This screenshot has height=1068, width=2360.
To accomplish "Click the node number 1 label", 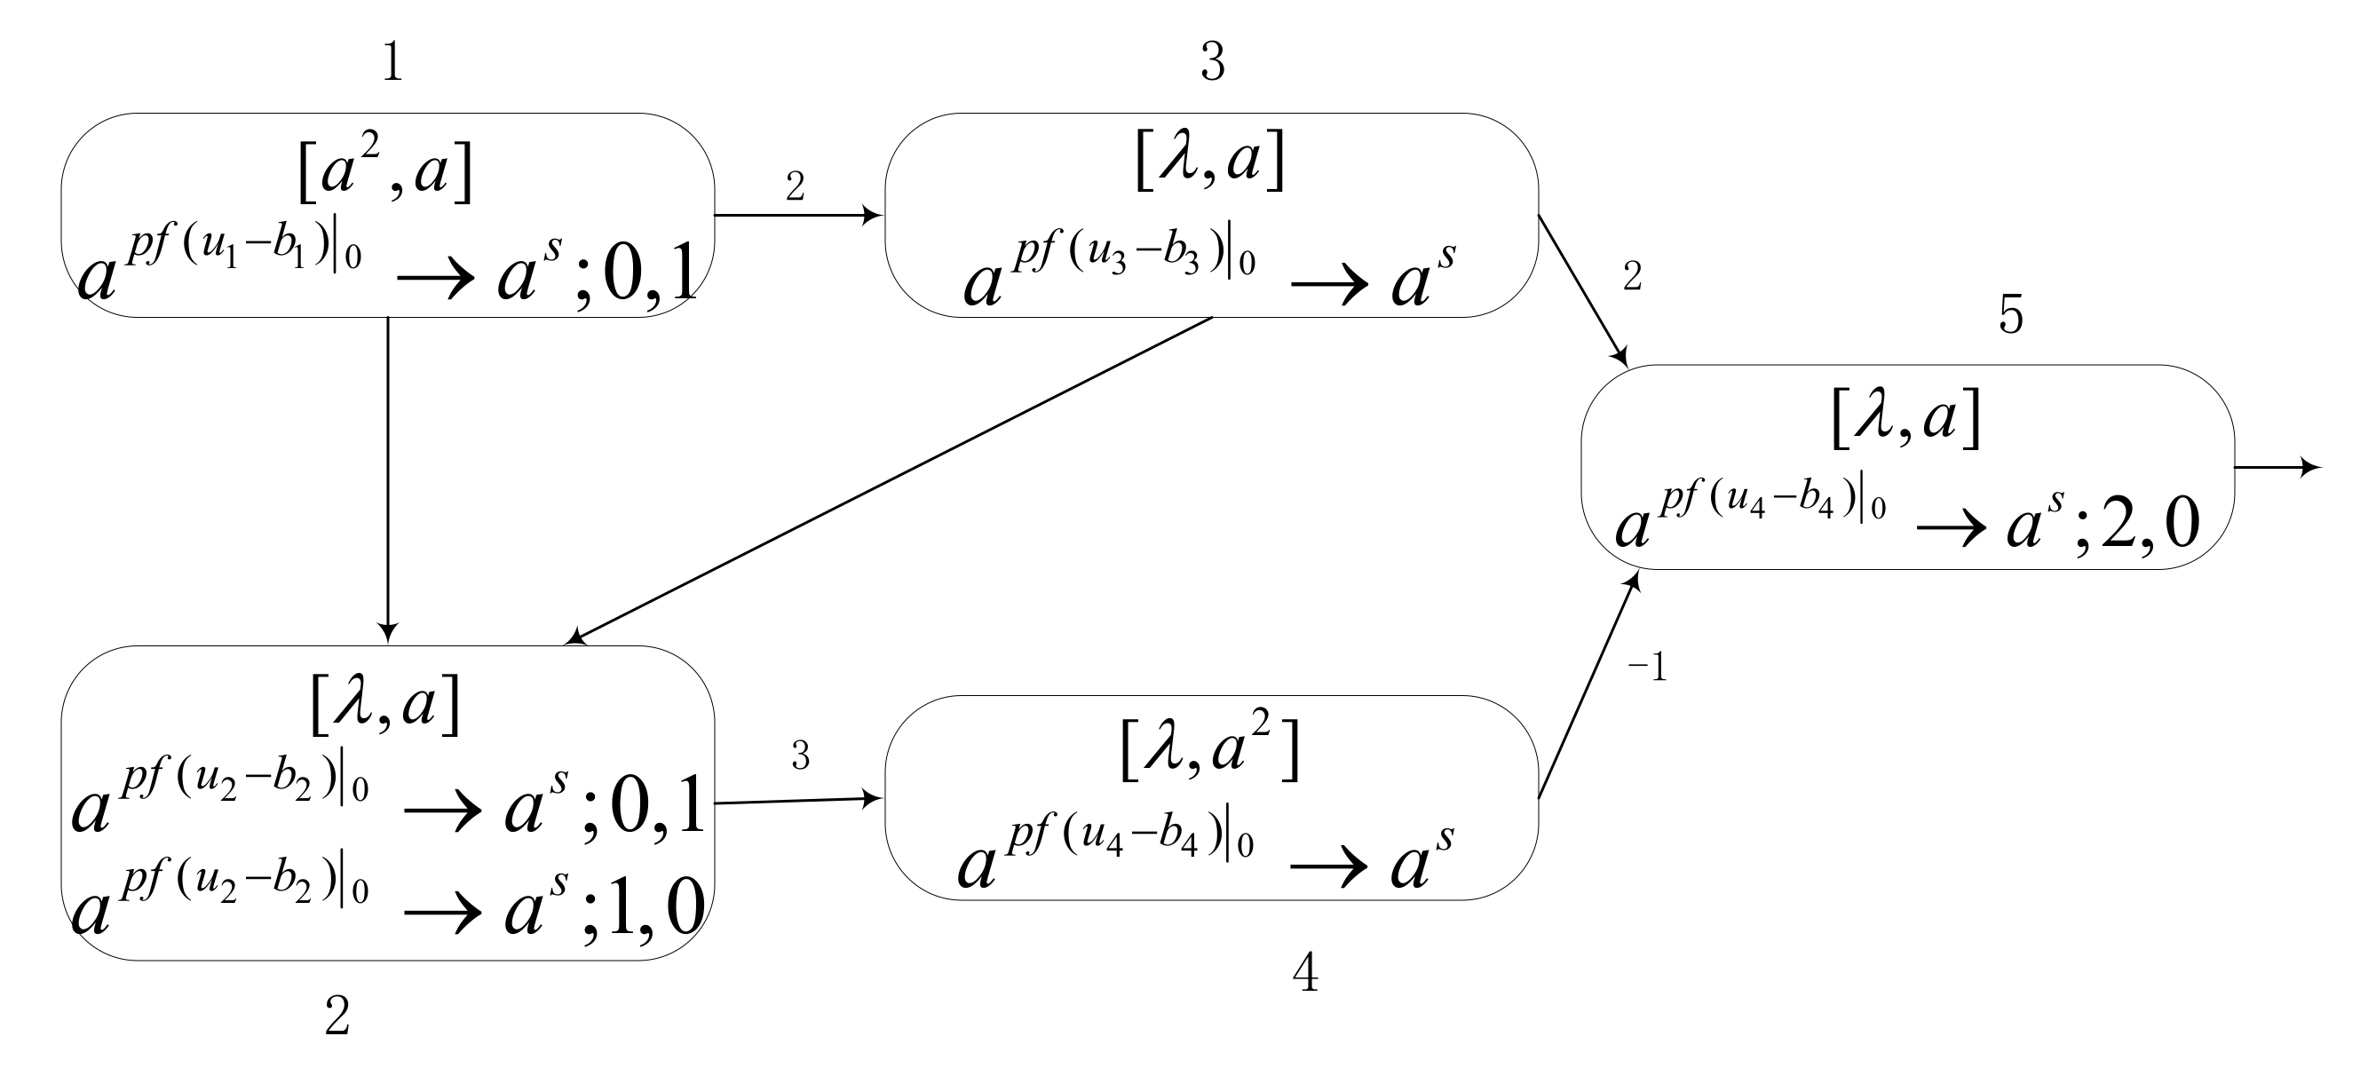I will point(392,64).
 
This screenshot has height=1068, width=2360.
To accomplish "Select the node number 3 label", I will point(1212,62).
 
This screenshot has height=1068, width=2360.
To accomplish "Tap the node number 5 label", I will point(2010,315).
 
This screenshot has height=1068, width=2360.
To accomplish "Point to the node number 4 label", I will point(1304,973).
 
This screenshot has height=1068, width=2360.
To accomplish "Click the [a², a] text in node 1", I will point(385,170).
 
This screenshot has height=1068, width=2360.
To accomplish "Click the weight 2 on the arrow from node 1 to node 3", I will point(795,186).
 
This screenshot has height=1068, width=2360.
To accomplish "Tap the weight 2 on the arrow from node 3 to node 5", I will point(1632,276).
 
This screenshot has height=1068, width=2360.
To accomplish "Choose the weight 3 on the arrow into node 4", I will point(800,756).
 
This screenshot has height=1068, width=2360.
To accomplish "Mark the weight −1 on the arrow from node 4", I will point(1646,668).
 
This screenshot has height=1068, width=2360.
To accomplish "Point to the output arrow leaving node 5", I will point(2277,468).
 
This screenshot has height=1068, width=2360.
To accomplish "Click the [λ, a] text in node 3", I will point(1209,160).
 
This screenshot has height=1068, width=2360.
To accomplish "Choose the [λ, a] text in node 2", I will point(385,703).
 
